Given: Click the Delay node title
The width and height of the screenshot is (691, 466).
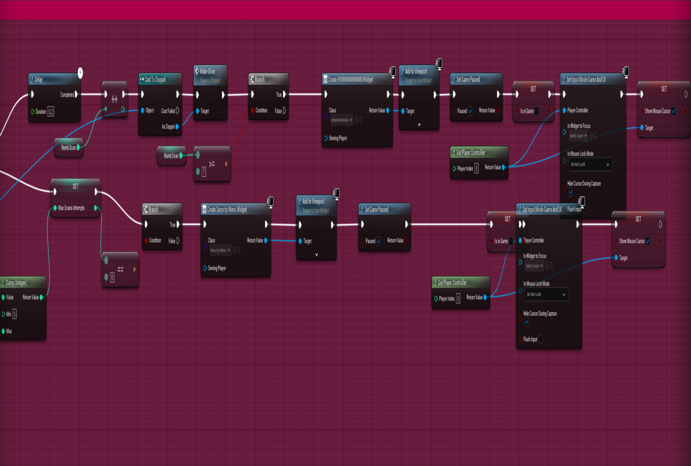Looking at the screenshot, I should [x=38, y=79].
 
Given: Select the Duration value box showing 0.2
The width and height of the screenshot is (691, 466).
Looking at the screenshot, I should [x=51, y=112].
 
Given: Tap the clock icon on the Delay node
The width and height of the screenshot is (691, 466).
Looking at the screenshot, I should [x=80, y=72].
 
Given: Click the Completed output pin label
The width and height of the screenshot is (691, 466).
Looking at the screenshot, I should [x=67, y=94].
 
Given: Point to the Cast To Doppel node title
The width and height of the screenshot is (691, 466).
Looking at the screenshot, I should [x=155, y=79].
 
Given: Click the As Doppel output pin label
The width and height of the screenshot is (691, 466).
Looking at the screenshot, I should [x=168, y=126].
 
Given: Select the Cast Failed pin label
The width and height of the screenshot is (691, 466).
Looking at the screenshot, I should [x=168, y=111].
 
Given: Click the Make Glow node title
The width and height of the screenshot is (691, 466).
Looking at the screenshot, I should [x=207, y=71].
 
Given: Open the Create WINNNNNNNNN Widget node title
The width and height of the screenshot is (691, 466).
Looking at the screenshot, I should [x=350, y=79].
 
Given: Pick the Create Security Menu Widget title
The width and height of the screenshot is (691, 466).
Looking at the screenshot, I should [x=227, y=210].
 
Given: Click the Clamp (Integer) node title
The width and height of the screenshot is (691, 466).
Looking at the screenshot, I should [x=16, y=283].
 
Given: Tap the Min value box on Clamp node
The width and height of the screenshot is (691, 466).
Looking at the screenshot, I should [x=14, y=314].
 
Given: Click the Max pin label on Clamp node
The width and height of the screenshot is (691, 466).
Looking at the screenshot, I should [x=9, y=331].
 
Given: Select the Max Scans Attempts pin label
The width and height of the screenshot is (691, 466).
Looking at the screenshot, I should [x=71, y=208].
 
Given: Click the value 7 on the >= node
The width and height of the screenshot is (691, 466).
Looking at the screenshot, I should [x=204, y=172].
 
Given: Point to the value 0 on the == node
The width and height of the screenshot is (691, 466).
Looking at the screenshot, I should [x=112, y=277].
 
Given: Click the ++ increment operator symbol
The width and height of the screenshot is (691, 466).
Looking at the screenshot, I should [x=114, y=100].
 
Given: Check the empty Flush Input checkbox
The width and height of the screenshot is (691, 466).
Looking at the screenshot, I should [x=540, y=339].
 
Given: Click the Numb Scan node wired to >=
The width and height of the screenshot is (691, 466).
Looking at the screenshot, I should [x=171, y=156].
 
